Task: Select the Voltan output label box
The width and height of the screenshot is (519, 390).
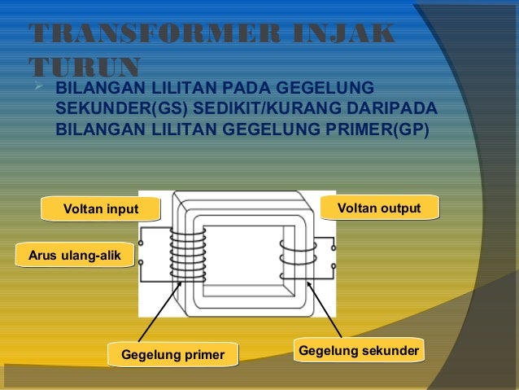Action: (x=379, y=208)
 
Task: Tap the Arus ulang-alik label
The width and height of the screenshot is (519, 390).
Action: (x=74, y=256)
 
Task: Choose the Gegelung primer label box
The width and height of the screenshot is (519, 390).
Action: (x=172, y=354)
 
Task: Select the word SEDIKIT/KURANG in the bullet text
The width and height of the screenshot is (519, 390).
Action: (x=264, y=109)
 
